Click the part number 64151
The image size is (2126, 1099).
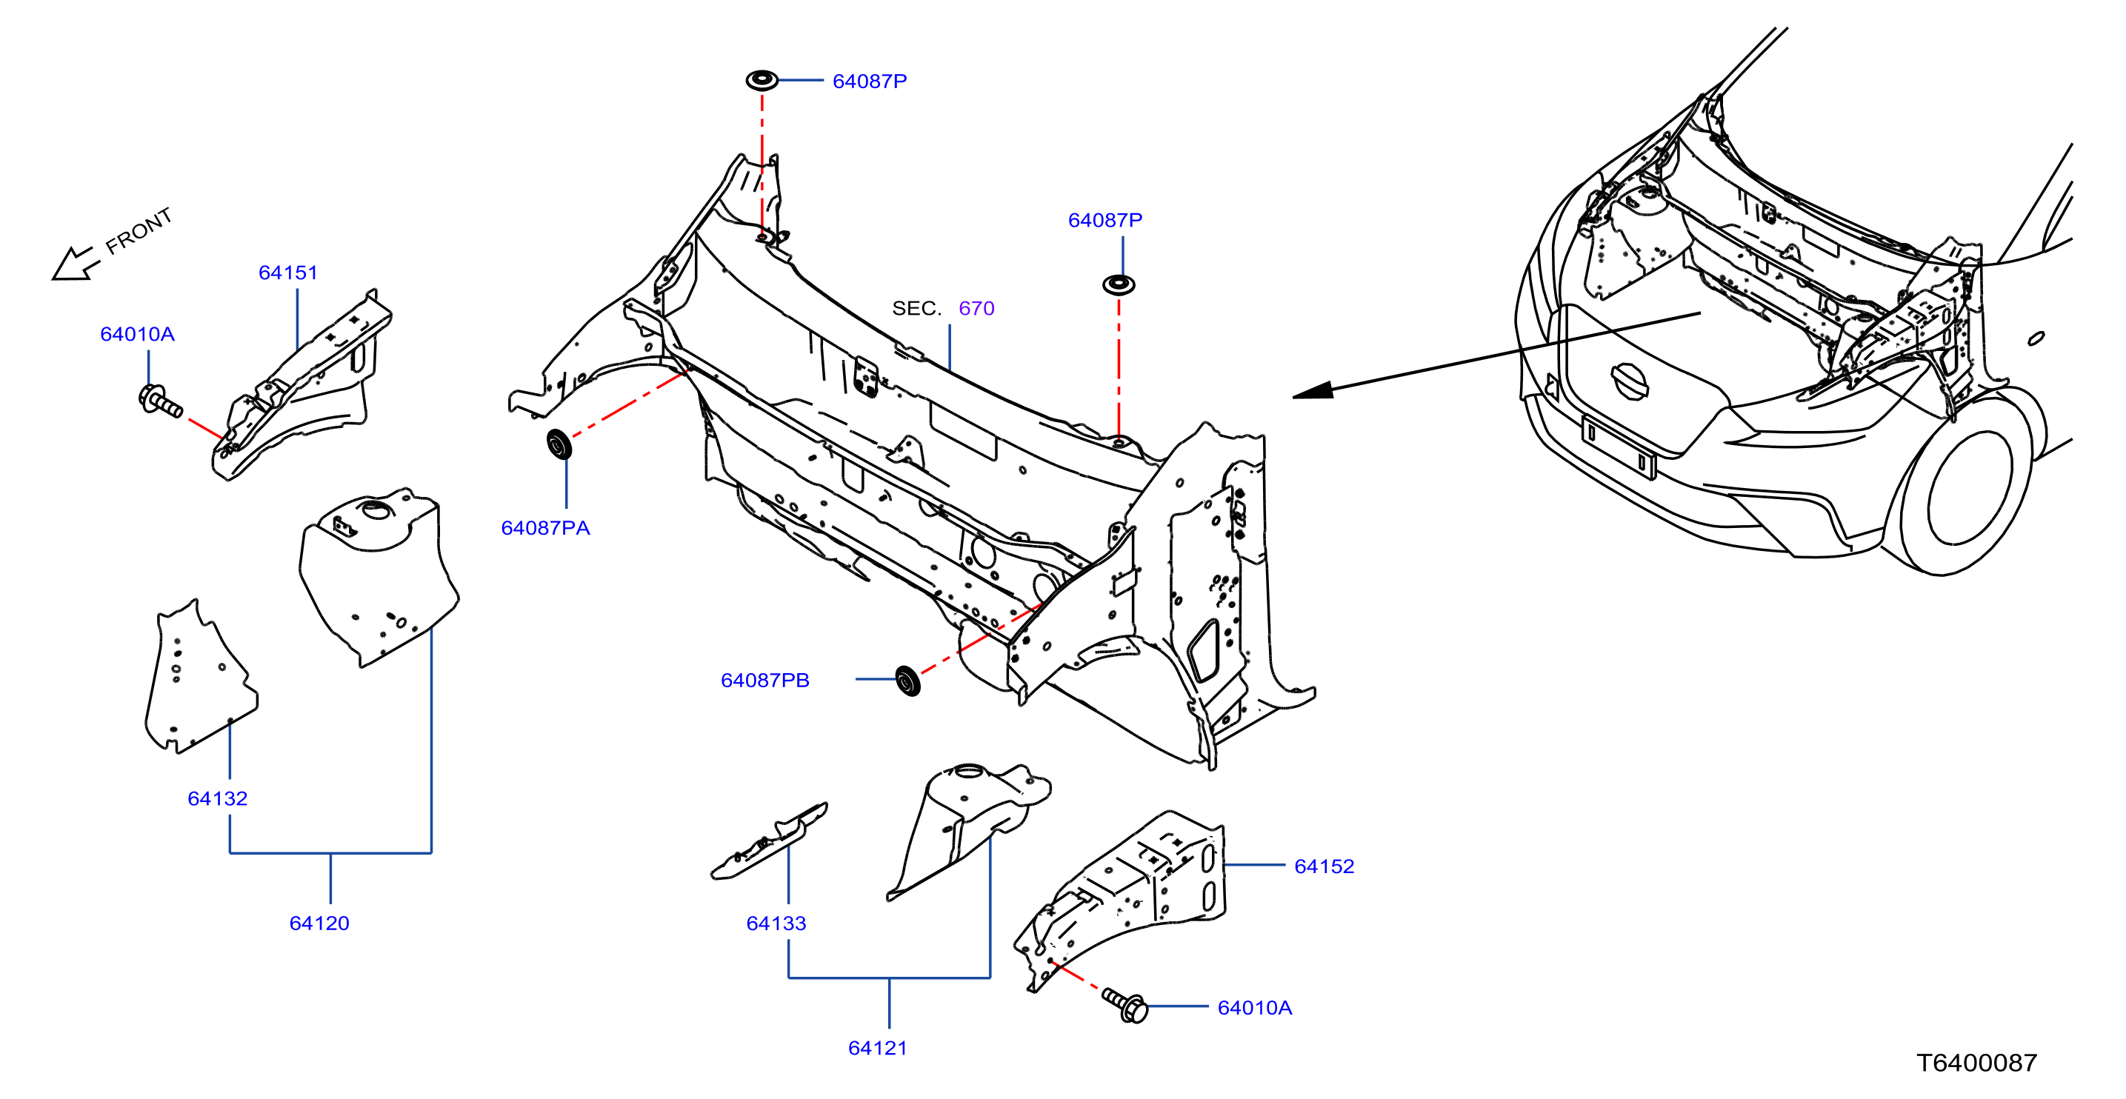pos(288,273)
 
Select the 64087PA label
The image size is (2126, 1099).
pos(545,528)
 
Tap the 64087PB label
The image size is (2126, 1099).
pos(765,681)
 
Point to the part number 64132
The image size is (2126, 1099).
pos(218,798)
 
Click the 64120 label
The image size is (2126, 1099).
pos(319,923)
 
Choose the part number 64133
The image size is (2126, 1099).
pos(776,923)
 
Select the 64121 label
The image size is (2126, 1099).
pos(878,1048)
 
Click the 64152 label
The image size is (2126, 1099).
pos(1324,866)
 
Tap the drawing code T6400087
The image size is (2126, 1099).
pos(1976,1063)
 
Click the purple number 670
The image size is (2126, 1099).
pos(976,309)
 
